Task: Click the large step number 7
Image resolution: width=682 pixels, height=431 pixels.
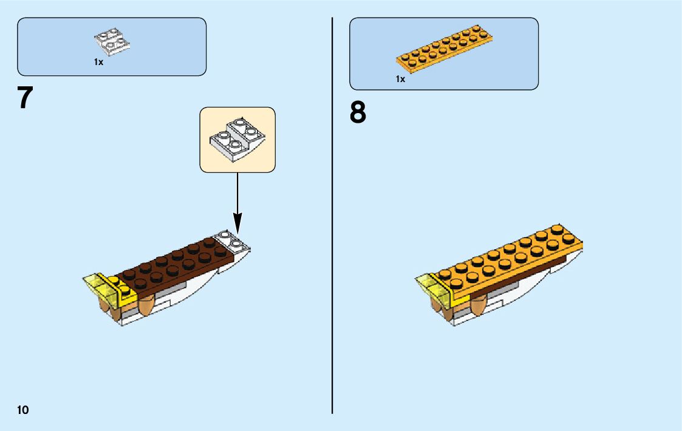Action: click(x=24, y=98)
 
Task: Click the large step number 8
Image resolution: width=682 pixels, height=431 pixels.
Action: click(x=358, y=112)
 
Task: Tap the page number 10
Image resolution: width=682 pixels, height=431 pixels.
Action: click(x=23, y=409)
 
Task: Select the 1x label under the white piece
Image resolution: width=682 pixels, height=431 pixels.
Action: click(x=98, y=62)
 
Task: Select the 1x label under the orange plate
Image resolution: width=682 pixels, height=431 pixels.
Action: click(x=400, y=79)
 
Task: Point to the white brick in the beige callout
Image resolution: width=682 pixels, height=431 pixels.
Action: click(x=237, y=140)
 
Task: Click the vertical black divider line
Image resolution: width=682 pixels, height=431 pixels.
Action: click(x=332, y=213)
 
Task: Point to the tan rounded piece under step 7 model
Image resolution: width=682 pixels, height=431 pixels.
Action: click(x=148, y=304)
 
